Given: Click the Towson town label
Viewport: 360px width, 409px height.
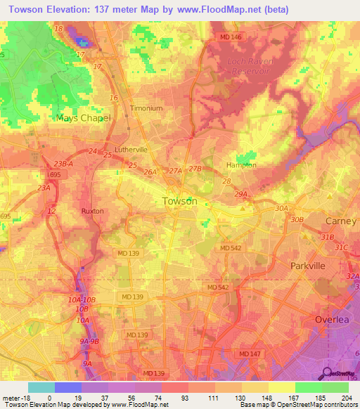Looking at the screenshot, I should point(179,201).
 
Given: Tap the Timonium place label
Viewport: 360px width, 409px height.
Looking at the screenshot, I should point(146,109).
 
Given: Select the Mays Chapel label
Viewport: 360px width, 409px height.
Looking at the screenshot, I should point(84,118).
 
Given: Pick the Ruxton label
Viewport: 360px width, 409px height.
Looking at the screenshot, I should point(92,211).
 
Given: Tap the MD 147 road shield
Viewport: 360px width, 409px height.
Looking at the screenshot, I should point(248,353).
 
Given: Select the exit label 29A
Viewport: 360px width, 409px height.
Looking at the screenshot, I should point(242,194).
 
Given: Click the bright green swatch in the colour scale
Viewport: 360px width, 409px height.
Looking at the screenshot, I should point(308,387).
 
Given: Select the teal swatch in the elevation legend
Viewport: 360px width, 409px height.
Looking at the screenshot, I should point(41,387).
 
